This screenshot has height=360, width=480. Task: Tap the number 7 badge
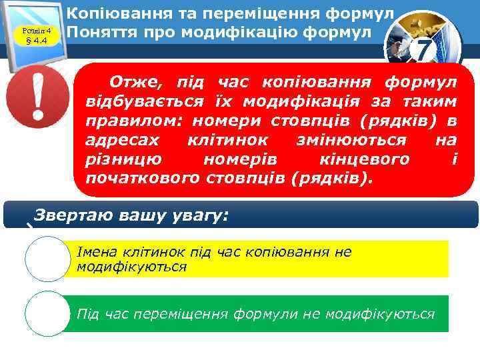coord(421,49)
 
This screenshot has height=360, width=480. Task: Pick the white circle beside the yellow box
coord(47,259)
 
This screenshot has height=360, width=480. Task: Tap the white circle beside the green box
coord(47,313)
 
